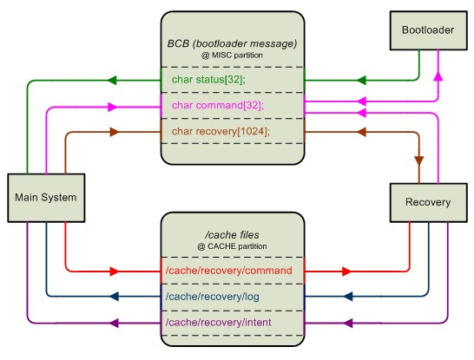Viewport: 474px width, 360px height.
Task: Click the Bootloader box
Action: point(427,30)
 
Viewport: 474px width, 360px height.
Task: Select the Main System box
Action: point(45,198)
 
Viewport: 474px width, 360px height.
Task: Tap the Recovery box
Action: point(427,202)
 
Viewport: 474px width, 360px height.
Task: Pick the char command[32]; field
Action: point(212,105)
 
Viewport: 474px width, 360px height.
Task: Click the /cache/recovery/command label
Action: point(228,271)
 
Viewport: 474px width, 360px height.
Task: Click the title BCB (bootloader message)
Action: point(232,43)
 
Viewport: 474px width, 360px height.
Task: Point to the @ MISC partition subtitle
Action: point(232,55)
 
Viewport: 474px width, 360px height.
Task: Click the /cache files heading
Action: point(232,235)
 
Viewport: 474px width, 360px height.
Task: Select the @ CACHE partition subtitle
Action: point(232,247)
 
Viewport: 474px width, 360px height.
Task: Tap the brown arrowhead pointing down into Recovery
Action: point(419,161)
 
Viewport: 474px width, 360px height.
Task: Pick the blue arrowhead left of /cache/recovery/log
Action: point(112,297)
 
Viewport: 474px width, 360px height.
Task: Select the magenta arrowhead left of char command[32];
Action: point(112,107)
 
